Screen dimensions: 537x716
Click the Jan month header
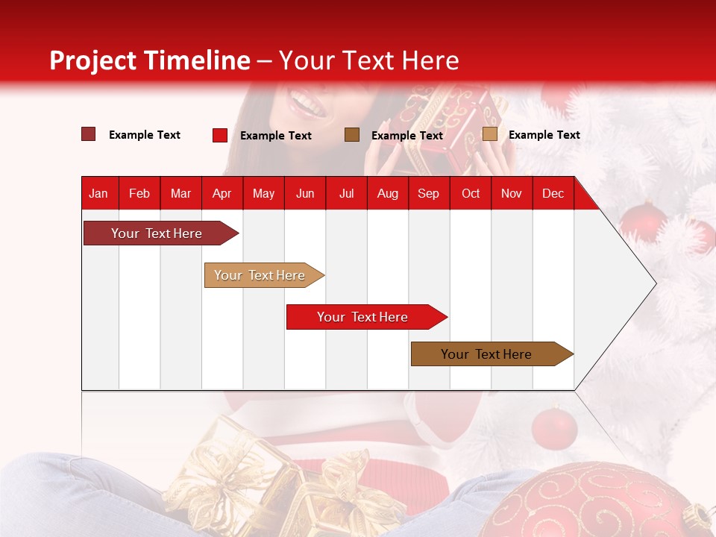(x=98, y=194)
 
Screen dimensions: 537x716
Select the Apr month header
(x=222, y=194)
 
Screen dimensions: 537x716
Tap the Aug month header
(x=387, y=194)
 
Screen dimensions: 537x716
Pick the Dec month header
(x=553, y=194)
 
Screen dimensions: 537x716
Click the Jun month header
(x=305, y=194)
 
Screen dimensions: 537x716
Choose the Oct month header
(x=471, y=194)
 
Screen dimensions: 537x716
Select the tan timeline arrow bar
(x=261, y=275)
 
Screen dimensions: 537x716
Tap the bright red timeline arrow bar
(x=364, y=317)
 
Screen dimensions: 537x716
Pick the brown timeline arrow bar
(x=489, y=354)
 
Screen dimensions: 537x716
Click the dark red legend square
(x=88, y=134)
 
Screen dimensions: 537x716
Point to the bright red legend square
(x=219, y=135)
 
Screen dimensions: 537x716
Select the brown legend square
(x=352, y=135)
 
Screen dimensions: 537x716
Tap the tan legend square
(x=489, y=134)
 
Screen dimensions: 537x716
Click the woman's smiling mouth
(x=308, y=102)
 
